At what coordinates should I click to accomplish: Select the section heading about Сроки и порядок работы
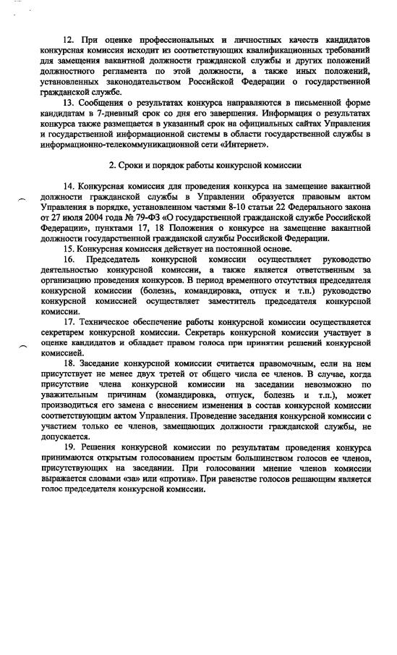(204, 166)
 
